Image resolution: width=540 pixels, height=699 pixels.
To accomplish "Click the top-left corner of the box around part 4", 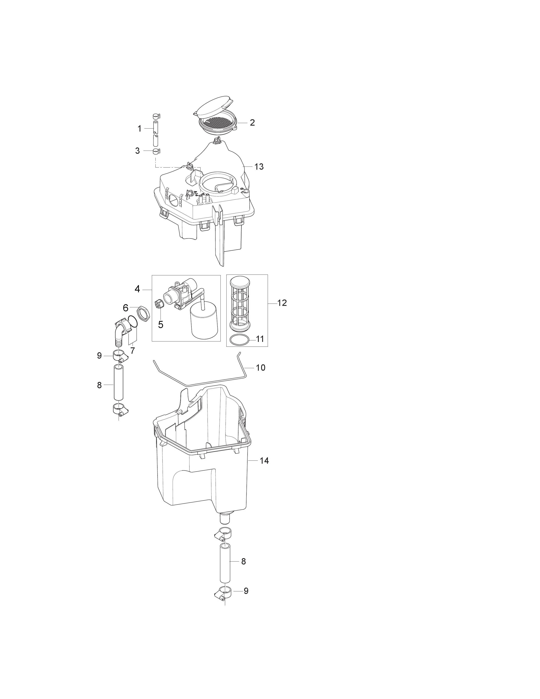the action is [152, 275].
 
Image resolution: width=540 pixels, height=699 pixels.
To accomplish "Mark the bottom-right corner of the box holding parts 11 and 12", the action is [268, 347].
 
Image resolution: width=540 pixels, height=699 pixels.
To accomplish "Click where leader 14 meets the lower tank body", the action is [248, 460].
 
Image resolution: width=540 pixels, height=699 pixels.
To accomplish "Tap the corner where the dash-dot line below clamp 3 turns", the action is [155, 167].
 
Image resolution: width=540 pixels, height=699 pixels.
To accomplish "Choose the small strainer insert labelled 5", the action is [159, 303].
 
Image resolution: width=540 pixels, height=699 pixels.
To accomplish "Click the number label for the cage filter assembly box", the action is [282, 303].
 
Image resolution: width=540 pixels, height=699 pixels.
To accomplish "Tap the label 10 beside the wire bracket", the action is [261, 368].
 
